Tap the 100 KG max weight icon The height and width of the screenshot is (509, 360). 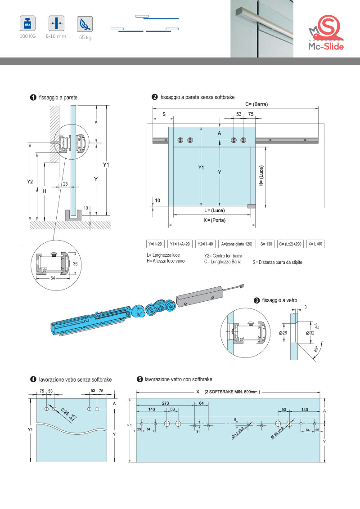pyautogui.click(x=27, y=23)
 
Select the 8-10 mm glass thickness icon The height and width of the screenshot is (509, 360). pyautogui.click(x=56, y=23)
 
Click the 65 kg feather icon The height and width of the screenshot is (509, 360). pyautogui.click(x=85, y=23)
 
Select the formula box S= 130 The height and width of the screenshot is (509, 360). pyautogui.click(x=265, y=244)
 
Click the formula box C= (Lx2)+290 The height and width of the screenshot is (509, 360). pyautogui.click(x=290, y=244)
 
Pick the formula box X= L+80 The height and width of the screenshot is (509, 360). pyautogui.click(x=316, y=244)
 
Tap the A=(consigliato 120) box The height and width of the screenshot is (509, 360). pyautogui.click(x=236, y=244)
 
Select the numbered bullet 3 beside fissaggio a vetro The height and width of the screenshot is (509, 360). pyautogui.click(x=256, y=300)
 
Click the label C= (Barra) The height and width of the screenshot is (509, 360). pyautogui.click(x=256, y=104)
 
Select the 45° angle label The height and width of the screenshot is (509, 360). pyautogui.click(x=316, y=349)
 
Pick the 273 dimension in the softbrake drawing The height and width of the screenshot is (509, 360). pyautogui.click(x=166, y=403)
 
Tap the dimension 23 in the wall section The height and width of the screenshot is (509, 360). pyautogui.click(x=66, y=183)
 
